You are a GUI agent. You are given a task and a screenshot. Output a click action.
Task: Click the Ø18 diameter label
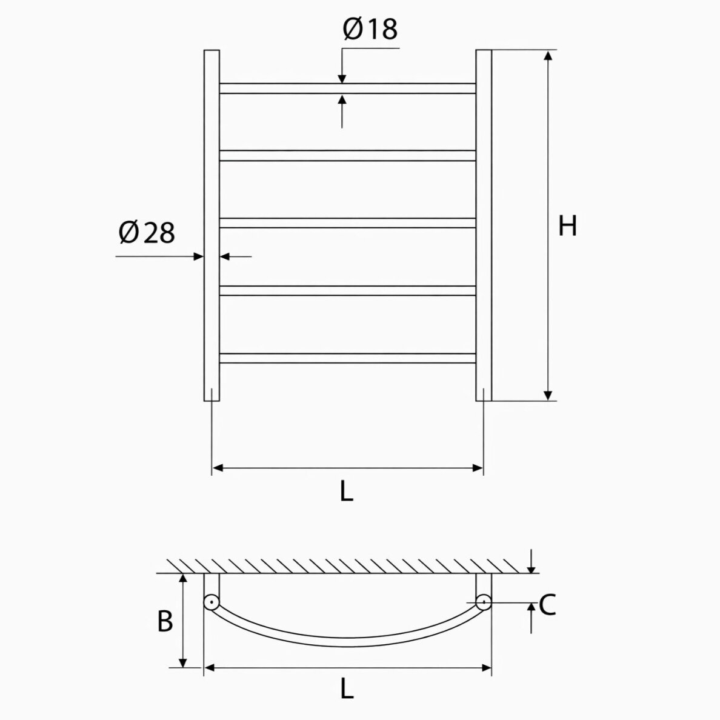(370, 29)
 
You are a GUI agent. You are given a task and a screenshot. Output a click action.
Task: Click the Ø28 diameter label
(147, 232)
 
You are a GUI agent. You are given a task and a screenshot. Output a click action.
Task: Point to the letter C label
(547, 605)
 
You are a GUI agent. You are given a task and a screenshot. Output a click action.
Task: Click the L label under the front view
(347, 492)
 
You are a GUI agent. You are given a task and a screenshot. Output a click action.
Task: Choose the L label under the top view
(347, 688)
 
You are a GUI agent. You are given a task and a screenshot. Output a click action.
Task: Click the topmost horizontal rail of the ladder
(348, 88)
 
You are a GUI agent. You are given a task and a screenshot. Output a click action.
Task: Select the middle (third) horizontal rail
(348, 223)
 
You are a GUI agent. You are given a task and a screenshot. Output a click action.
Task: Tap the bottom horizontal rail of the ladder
(348, 358)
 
